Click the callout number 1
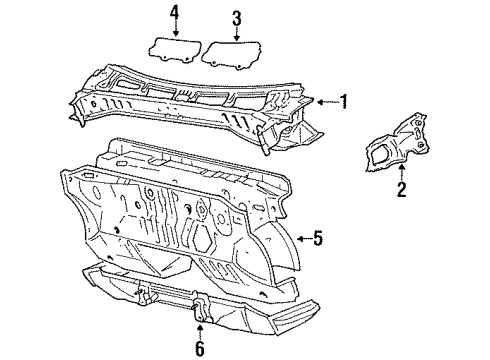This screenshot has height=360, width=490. (x=344, y=101)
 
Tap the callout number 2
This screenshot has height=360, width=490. (x=402, y=189)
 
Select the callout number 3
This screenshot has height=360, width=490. (x=236, y=18)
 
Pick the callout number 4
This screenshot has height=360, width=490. (x=175, y=14)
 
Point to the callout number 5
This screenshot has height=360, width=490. (x=318, y=238)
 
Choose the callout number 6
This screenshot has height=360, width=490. (x=199, y=348)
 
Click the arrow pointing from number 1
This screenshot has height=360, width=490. (x=327, y=102)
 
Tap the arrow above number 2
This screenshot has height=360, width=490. (x=402, y=172)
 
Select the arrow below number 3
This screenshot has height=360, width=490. (x=236, y=34)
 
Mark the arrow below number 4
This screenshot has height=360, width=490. (x=175, y=30)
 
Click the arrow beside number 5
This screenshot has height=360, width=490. (x=304, y=239)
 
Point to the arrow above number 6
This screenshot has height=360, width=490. (x=199, y=331)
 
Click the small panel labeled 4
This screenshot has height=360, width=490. (x=174, y=49)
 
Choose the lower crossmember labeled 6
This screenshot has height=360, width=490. (x=200, y=297)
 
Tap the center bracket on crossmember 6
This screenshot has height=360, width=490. (x=201, y=307)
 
